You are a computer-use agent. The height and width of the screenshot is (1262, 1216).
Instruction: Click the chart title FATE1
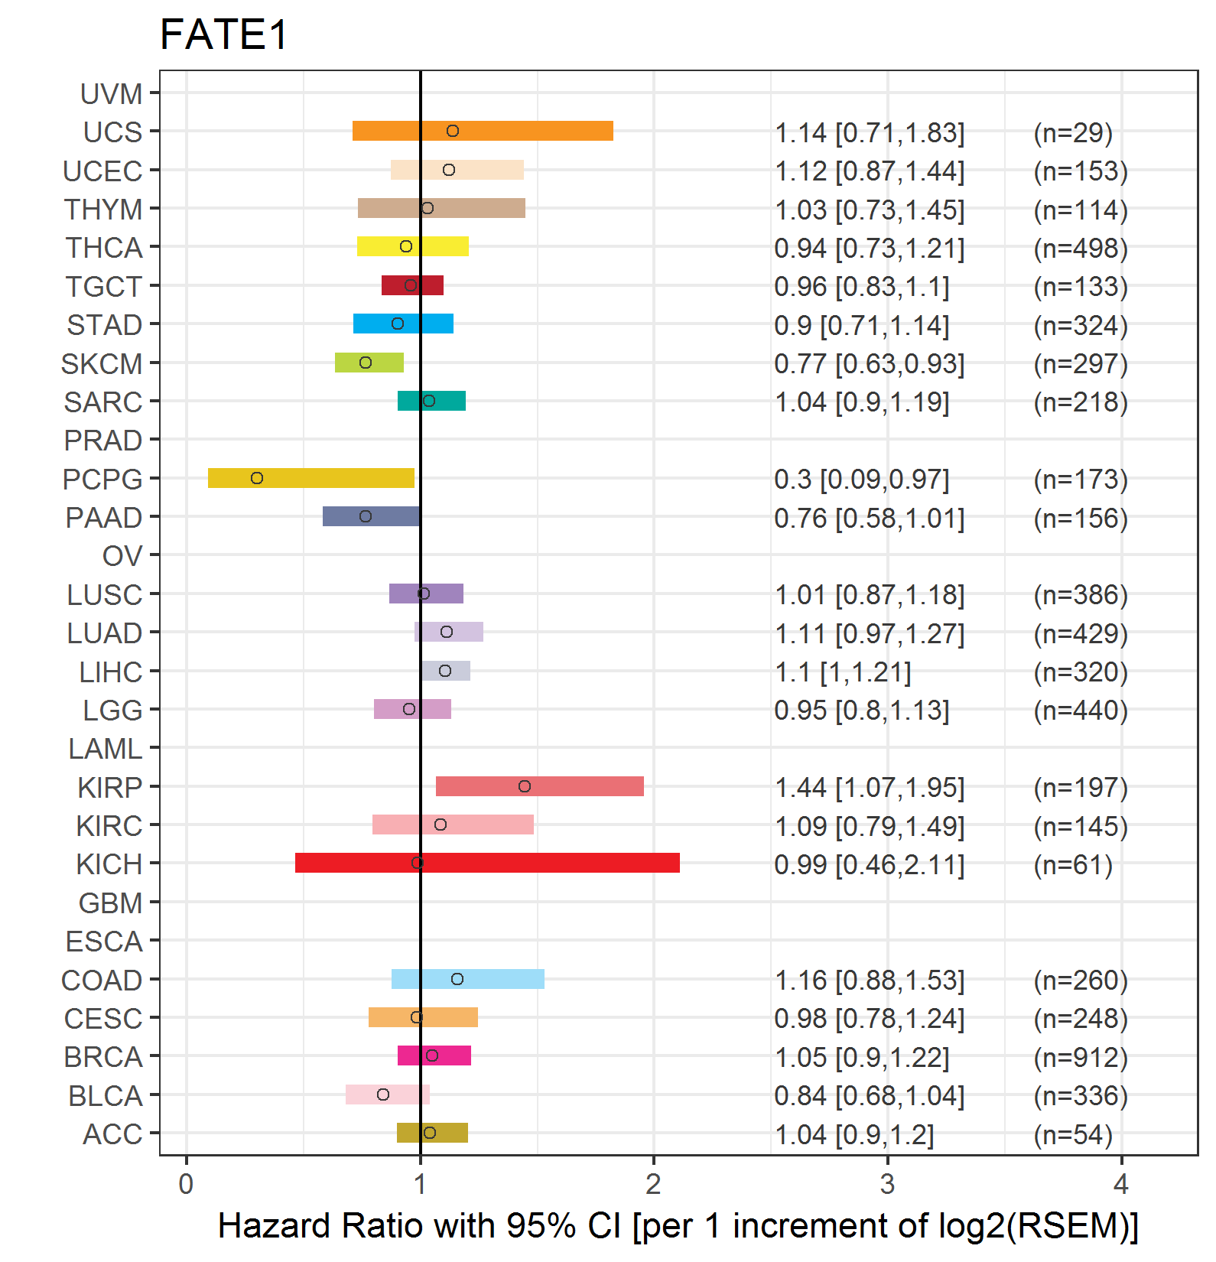[x=224, y=35]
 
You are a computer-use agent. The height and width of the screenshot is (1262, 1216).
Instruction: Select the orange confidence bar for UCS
[x=483, y=131]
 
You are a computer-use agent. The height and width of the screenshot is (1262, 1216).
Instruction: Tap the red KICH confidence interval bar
[x=487, y=863]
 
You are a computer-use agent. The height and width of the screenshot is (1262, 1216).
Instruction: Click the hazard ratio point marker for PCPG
[x=257, y=478]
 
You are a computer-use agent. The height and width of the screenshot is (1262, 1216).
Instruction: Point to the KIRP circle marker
[x=525, y=786]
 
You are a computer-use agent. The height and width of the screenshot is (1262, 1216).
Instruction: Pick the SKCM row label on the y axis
[x=102, y=363]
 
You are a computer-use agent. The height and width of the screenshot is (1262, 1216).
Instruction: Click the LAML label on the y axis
[x=106, y=749]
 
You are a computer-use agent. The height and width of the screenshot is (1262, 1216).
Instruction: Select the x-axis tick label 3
[x=887, y=1184]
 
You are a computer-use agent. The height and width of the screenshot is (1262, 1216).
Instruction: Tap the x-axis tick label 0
[x=186, y=1184]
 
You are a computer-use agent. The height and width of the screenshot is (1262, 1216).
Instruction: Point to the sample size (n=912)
[x=1081, y=1057]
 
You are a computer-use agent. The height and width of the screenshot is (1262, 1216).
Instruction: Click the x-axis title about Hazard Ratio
[x=678, y=1226]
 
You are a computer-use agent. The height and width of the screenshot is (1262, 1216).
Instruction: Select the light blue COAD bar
[x=468, y=979]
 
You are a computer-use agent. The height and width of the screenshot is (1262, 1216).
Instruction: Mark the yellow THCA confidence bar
[x=413, y=246]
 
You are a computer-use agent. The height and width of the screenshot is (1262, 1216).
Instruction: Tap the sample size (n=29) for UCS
[x=1073, y=133]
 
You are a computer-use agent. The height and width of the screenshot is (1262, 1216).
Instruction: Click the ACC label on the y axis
[x=112, y=1134]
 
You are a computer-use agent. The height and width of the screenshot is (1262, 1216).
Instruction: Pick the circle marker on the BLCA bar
[x=383, y=1094]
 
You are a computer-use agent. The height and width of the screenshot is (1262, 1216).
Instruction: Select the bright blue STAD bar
[x=403, y=324]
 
